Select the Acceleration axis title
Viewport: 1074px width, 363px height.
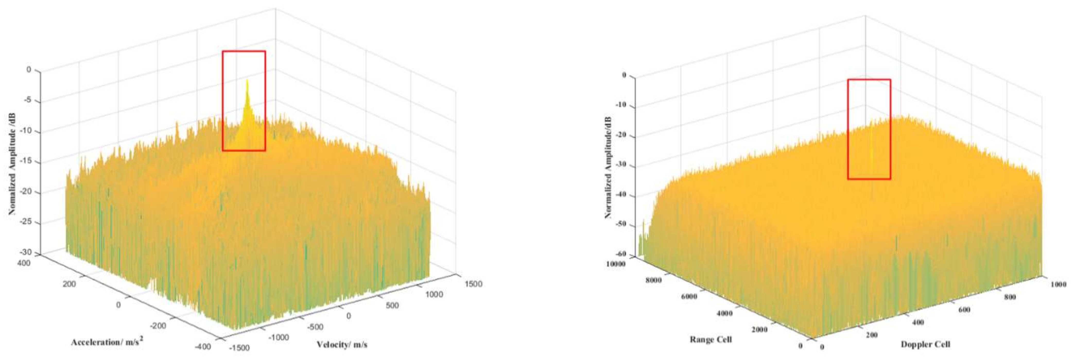click(107, 342)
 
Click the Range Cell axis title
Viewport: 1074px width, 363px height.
click(711, 339)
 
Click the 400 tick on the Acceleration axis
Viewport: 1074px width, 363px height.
click(23, 263)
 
